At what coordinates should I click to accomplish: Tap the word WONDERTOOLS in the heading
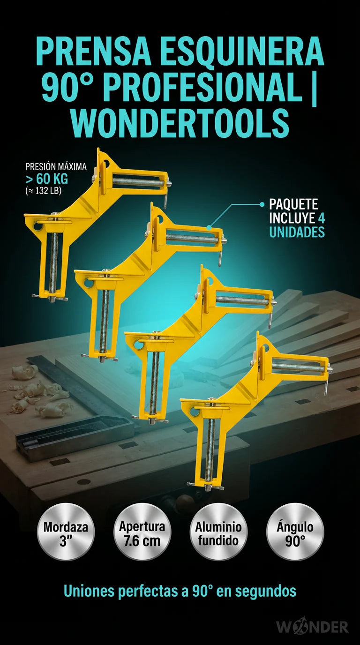[x=181, y=123]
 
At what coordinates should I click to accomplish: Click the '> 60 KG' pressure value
[x=47, y=179]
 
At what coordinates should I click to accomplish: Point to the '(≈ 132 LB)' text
[x=43, y=191]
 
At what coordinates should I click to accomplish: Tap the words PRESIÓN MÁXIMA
[x=56, y=167]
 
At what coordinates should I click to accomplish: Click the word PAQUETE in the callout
[x=293, y=204]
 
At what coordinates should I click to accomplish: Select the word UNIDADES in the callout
[x=297, y=232]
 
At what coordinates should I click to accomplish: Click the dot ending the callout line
[x=262, y=204]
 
